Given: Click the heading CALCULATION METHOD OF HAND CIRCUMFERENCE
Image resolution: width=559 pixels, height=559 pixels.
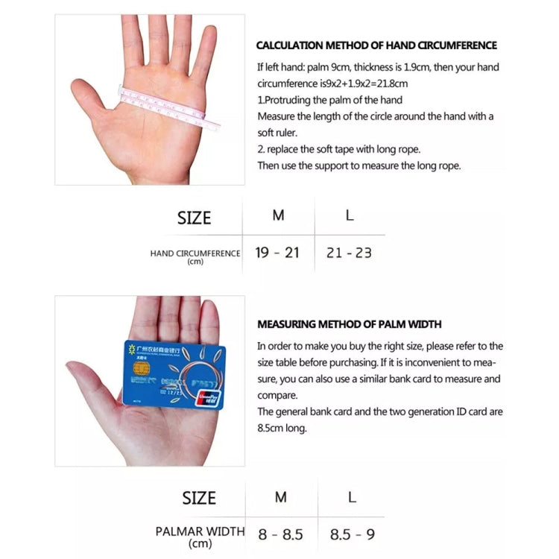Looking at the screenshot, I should [376, 45].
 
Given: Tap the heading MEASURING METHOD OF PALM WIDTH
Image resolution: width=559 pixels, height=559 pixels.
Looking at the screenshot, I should [349, 324].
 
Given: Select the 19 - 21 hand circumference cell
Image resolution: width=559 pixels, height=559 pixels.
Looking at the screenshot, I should [277, 253].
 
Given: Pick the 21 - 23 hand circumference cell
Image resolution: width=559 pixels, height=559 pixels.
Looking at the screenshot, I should [349, 253].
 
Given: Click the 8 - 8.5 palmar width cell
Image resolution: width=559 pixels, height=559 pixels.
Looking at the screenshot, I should [280, 534].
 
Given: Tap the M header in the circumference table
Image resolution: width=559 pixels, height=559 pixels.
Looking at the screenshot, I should [278, 215].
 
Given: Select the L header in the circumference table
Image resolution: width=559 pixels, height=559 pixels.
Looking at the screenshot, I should [350, 215].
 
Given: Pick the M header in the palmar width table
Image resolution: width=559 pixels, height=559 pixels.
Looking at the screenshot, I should [280, 497].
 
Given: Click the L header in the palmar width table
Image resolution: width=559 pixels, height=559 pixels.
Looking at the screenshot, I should [352, 497].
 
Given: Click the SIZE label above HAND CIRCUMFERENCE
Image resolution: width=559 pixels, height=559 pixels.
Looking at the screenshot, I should [194, 218].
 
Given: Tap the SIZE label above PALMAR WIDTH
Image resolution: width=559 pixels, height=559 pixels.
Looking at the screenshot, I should [199, 498].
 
